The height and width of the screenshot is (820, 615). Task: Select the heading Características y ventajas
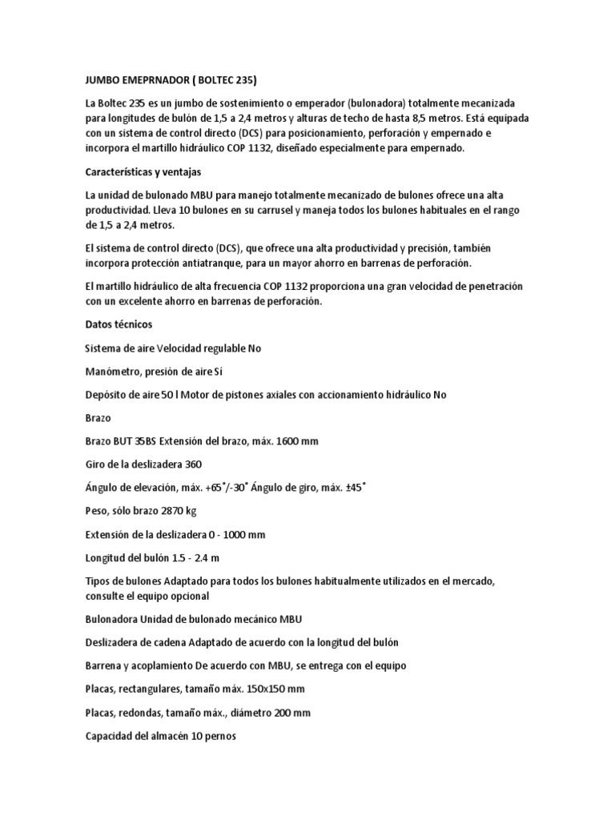(x=143, y=171)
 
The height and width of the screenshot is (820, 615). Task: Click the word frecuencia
(x=248, y=286)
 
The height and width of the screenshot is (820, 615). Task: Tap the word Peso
(x=98, y=510)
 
